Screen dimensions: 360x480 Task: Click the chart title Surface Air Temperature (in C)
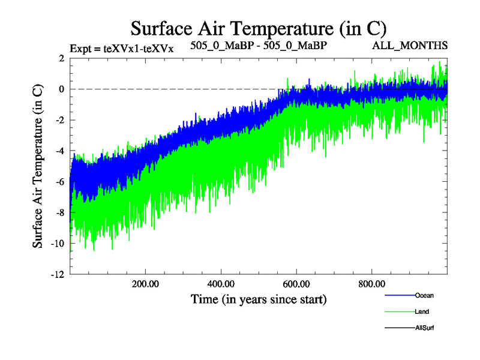[258, 28]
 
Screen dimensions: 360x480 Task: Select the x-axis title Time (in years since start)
[259, 298]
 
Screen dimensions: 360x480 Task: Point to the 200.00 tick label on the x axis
[145, 284]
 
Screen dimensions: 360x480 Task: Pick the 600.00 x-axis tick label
[296, 284]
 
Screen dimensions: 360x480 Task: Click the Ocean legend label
[424, 295]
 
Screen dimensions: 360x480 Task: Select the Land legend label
[422, 311]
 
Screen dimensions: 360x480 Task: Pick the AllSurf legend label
[424, 328]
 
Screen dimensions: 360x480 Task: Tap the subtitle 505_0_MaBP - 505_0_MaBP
[259, 46]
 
